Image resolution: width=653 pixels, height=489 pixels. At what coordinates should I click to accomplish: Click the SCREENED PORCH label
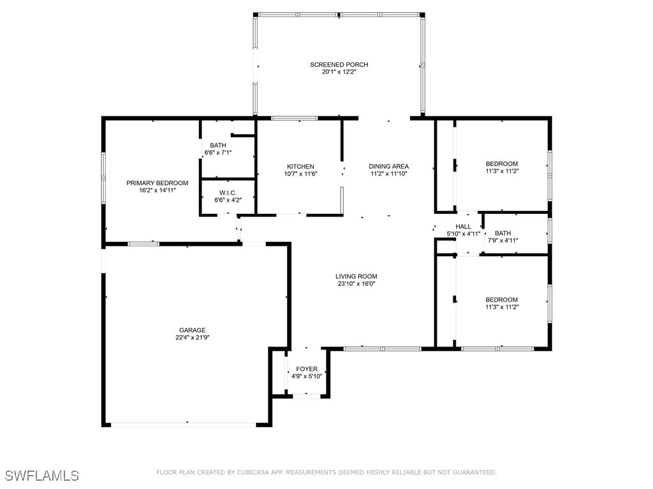point(339,64)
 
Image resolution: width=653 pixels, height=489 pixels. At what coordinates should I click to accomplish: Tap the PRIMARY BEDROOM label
point(157,183)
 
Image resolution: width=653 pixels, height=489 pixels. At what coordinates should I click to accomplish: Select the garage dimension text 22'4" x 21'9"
point(192,338)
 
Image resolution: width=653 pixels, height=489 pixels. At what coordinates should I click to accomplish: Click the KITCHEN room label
point(300,166)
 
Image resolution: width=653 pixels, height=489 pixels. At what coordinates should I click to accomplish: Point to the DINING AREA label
point(388,166)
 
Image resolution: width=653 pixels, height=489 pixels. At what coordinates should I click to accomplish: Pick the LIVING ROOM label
point(356,276)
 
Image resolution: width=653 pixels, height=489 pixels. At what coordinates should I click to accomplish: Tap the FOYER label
point(307,369)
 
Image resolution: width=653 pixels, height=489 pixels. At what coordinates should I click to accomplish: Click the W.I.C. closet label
point(228,193)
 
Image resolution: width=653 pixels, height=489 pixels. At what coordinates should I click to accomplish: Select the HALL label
point(464,227)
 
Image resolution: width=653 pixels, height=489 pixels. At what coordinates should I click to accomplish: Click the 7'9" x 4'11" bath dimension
point(503,241)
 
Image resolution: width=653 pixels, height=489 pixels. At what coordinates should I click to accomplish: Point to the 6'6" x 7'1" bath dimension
point(218,153)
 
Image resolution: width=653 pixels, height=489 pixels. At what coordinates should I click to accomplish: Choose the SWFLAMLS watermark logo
point(42,476)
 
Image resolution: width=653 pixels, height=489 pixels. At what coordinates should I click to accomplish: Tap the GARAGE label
point(192,330)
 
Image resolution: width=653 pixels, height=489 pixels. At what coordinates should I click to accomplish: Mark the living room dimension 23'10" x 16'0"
point(356,284)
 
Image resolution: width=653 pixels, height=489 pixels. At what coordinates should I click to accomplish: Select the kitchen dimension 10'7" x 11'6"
point(300,174)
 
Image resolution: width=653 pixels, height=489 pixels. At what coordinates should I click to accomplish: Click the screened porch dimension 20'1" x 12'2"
point(339,72)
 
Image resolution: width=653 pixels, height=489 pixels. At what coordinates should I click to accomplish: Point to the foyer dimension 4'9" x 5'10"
point(307,376)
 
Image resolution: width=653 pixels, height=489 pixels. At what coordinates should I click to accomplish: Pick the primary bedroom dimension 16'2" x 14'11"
point(157,190)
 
